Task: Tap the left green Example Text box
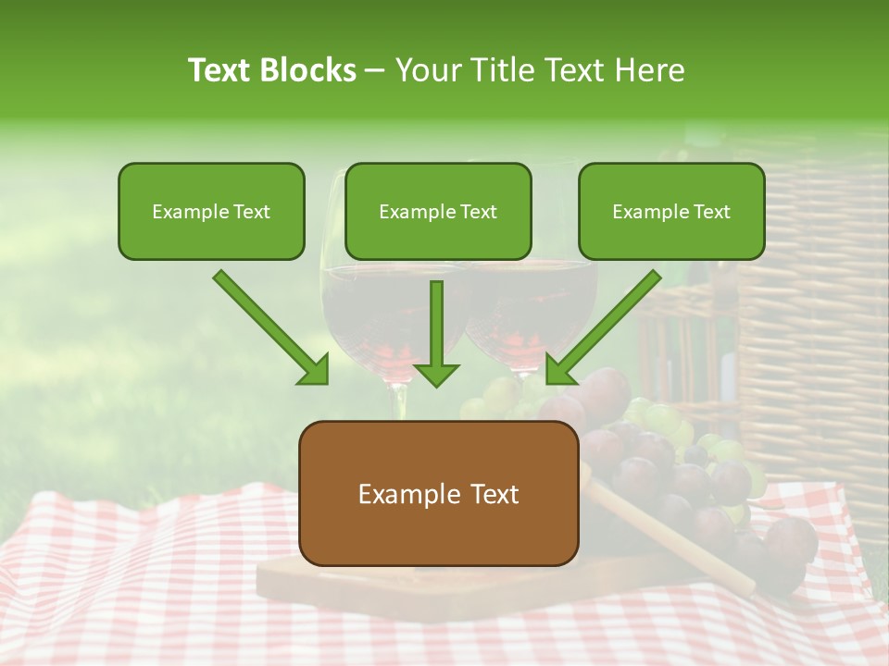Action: point(211,211)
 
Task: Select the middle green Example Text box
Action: point(438,211)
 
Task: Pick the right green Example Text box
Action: point(671,211)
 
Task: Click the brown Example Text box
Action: point(438,493)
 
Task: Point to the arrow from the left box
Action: point(269,326)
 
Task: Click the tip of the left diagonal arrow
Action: point(325,380)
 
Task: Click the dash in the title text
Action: point(375,71)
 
